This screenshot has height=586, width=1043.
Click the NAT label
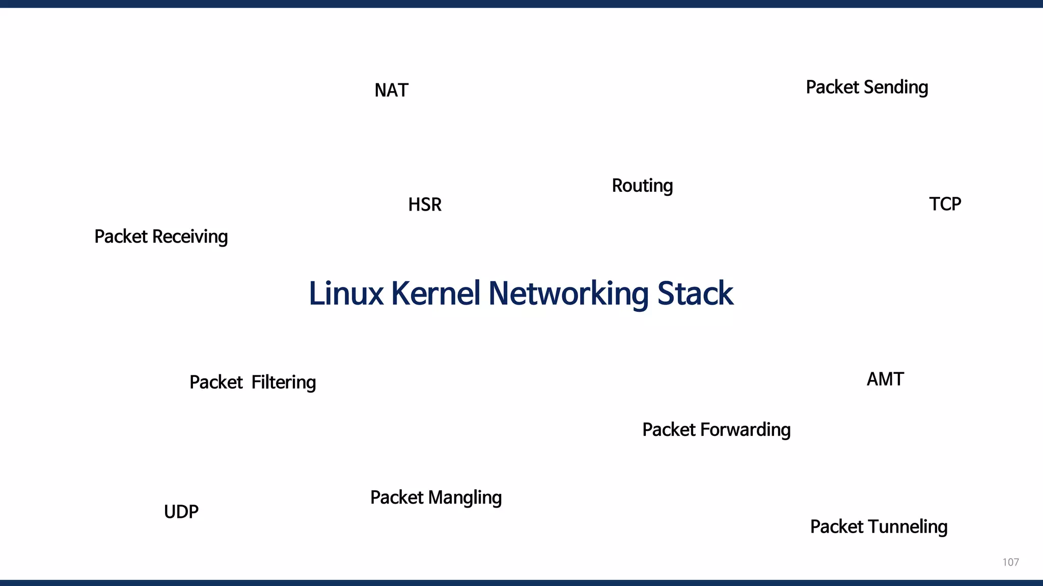point(391,90)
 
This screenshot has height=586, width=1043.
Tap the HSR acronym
point(425,204)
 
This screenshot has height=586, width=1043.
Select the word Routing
point(642,186)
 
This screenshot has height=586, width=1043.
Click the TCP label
point(945,204)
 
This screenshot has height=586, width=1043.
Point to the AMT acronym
point(885,379)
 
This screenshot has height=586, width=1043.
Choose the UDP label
point(181,512)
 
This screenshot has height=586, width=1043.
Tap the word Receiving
point(190,237)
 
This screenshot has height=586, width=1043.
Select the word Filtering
point(284,383)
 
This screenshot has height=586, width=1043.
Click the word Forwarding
point(746,430)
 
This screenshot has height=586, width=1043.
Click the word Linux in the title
point(346,294)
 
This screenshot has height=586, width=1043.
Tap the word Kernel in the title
point(435,294)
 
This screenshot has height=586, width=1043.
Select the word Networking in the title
point(568,294)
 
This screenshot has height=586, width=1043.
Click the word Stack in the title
point(695,294)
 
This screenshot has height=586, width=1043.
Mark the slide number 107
point(1010,562)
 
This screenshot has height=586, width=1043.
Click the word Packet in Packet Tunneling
point(836,527)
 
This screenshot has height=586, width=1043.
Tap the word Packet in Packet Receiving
point(121,237)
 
